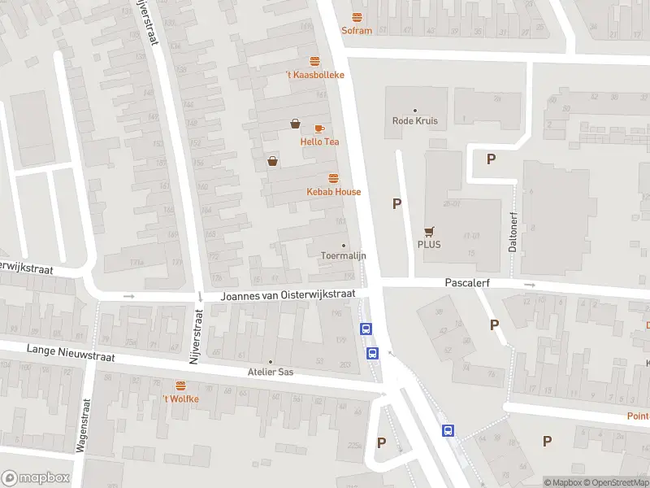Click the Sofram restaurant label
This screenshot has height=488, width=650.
[357, 31]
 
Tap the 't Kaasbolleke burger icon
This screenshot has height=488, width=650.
[314, 61]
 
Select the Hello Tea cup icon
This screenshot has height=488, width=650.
[319, 129]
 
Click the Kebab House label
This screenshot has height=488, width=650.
[333, 192]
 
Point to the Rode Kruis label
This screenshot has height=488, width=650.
[415, 121]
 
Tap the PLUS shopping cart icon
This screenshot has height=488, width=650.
[428, 231]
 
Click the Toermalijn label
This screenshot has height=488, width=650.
[344, 255]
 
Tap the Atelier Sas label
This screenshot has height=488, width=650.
[271, 373]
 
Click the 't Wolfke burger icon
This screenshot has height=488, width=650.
[180, 386]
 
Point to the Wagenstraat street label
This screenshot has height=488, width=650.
[83, 431]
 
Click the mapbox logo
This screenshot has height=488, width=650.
[36, 478]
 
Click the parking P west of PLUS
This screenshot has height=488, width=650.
[397, 204]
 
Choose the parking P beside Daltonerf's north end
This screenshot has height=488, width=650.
[491, 159]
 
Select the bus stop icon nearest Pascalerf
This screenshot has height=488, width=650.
[366, 329]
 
